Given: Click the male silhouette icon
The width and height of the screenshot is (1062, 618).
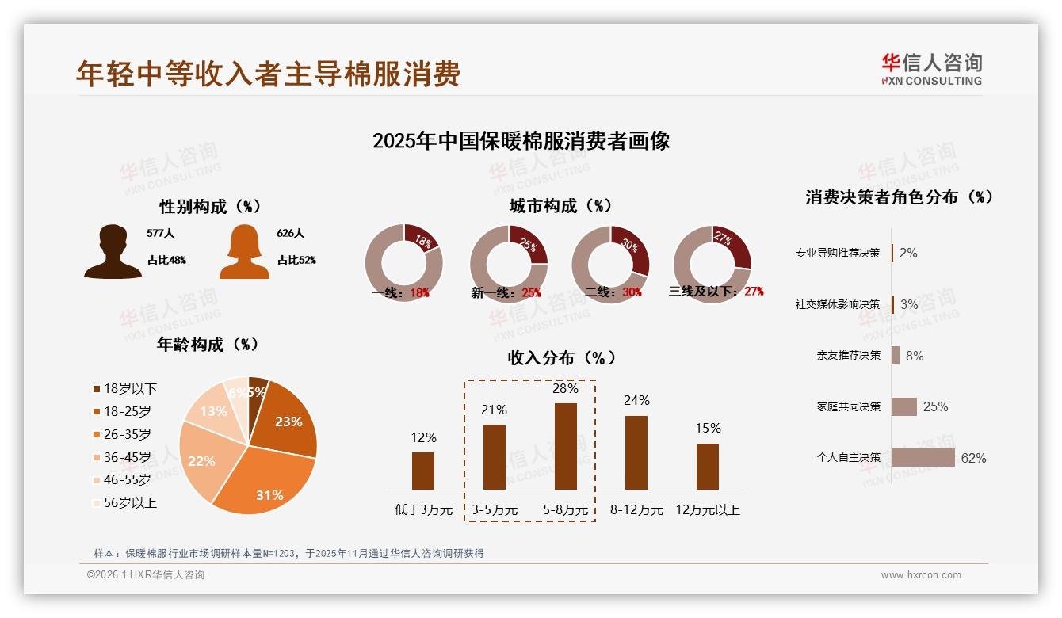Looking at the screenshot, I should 113,252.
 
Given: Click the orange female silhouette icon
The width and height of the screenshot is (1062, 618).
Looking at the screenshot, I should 244,252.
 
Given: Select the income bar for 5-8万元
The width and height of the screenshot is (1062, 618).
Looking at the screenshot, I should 565,446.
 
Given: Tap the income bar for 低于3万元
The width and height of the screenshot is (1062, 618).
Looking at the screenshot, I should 423,471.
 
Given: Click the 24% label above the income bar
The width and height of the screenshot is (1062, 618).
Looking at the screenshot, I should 636,400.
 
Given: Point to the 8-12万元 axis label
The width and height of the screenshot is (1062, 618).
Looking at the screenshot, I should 636,509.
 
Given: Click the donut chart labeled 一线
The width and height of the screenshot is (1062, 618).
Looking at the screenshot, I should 403,263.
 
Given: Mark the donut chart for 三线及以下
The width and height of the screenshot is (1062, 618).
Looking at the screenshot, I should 712,263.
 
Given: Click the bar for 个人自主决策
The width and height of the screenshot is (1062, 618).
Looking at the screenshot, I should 923,458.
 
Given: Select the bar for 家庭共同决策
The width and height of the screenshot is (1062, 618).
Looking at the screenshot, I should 903,406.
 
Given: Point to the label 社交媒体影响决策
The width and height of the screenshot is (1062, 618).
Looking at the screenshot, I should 838,304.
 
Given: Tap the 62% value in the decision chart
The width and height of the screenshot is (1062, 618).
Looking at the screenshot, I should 973,458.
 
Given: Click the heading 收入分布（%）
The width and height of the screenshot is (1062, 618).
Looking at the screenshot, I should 562,357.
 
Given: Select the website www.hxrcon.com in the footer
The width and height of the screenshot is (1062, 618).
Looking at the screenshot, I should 921,575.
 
